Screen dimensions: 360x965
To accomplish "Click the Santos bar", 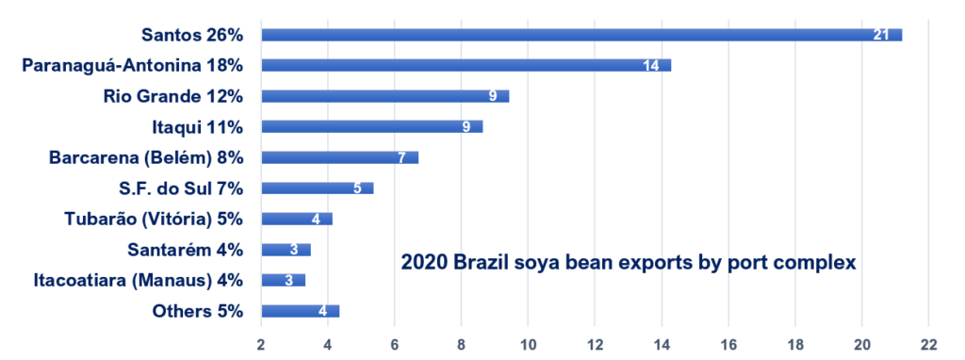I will (x=581, y=35).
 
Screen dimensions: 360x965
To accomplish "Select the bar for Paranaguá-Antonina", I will (x=466, y=65).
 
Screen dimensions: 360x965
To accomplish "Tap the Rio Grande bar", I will (x=384, y=96).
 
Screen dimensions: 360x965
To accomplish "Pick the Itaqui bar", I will (x=371, y=126).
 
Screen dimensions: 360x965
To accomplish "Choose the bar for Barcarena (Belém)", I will (x=339, y=157).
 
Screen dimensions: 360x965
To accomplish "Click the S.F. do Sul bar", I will (x=317, y=188).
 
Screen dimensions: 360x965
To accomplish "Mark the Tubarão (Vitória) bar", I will (x=297, y=219).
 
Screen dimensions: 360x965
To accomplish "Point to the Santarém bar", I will (x=286, y=250).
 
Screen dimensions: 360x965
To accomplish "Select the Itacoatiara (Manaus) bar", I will (x=283, y=280).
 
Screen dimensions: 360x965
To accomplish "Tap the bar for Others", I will (x=300, y=311).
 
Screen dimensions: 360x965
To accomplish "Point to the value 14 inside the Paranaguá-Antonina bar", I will (x=651, y=66).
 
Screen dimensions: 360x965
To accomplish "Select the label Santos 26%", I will (x=192, y=35).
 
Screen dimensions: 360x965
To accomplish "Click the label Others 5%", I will (x=198, y=311).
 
